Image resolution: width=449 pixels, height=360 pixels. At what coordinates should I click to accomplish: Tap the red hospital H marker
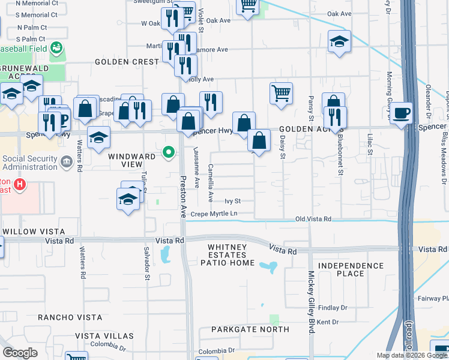click(20, 184)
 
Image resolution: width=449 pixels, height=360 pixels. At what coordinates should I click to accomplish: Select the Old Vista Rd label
click(313, 220)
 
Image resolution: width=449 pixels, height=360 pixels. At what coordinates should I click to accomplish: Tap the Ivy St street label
click(232, 202)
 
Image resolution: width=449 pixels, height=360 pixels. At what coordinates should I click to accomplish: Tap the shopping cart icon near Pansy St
click(281, 93)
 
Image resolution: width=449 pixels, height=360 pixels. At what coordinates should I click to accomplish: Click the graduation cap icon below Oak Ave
click(339, 41)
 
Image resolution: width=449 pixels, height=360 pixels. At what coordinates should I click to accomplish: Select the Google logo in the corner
click(20, 352)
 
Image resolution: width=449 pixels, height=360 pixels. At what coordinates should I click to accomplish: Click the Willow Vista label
click(33, 231)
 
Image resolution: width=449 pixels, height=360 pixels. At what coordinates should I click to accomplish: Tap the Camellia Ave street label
click(211, 183)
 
